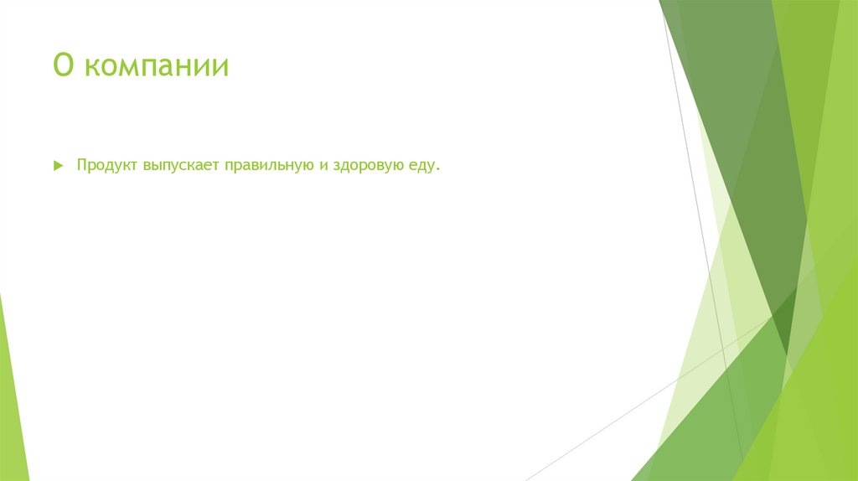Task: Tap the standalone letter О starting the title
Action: (x=62, y=65)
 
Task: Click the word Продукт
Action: (x=107, y=166)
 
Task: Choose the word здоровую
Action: (x=366, y=167)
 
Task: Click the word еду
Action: (x=421, y=167)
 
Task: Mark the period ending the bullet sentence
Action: (x=437, y=171)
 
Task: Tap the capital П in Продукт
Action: (x=82, y=166)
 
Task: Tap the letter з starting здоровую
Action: (x=333, y=167)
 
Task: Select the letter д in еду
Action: (x=421, y=167)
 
